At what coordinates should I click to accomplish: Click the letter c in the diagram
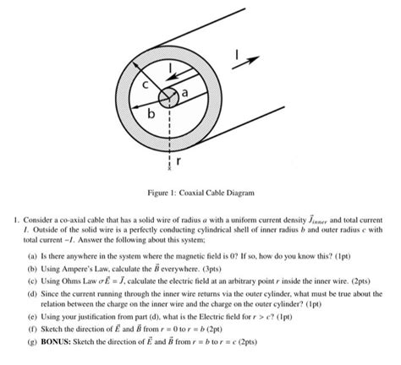145,84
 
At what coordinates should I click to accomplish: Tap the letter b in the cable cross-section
151,112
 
